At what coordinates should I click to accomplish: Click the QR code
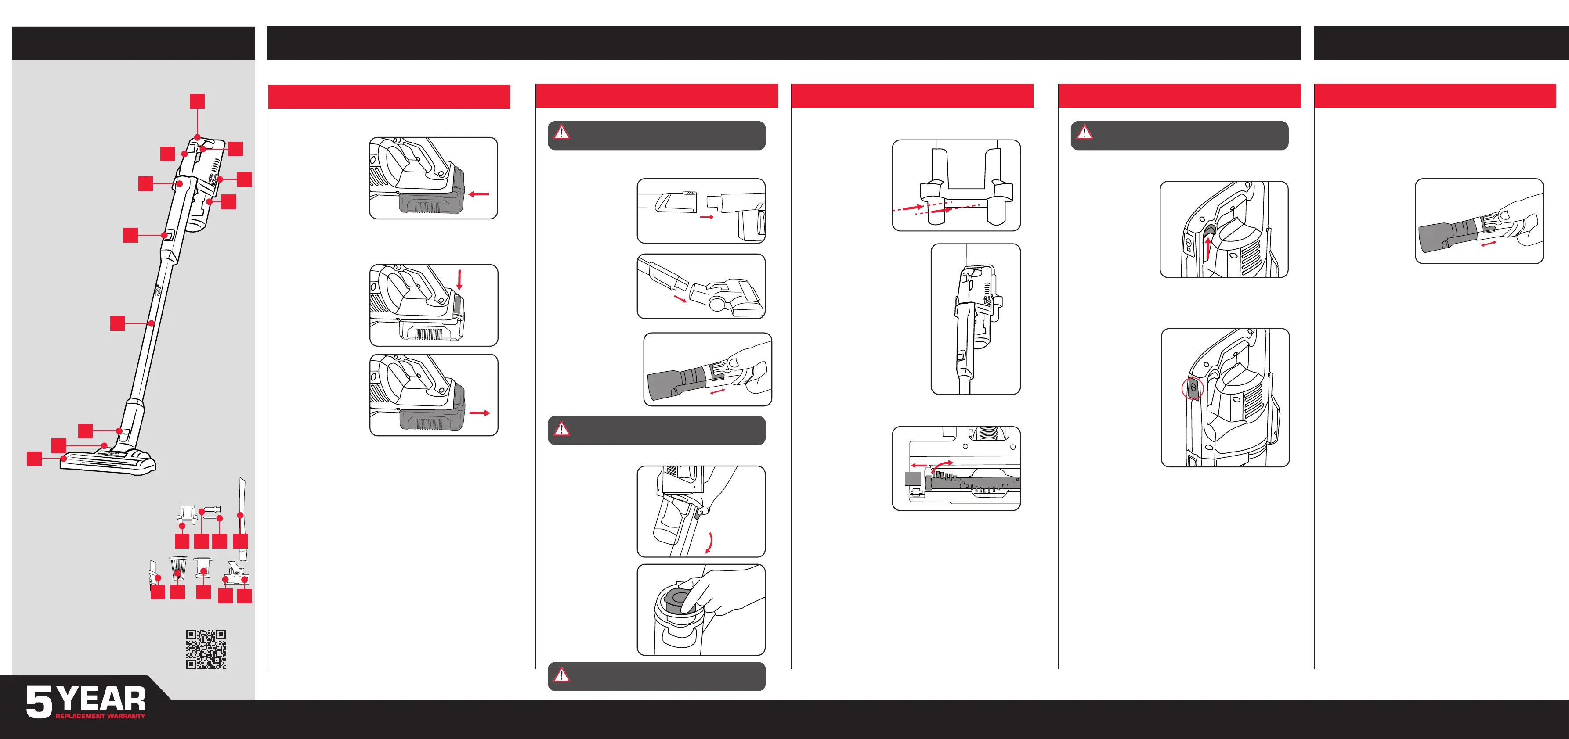point(206,649)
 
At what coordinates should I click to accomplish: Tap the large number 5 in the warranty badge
point(39,702)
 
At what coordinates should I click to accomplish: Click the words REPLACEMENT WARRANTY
point(101,717)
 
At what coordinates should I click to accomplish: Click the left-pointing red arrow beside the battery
point(479,194)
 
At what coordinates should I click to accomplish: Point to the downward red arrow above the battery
point(459,280)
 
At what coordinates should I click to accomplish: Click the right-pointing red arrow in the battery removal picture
point(480,413)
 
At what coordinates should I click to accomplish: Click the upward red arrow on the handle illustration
point(1208,248)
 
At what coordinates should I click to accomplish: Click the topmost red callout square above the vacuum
point(197,101)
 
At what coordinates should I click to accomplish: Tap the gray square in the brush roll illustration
point(912,478)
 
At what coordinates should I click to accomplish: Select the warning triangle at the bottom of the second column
point(561,674)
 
